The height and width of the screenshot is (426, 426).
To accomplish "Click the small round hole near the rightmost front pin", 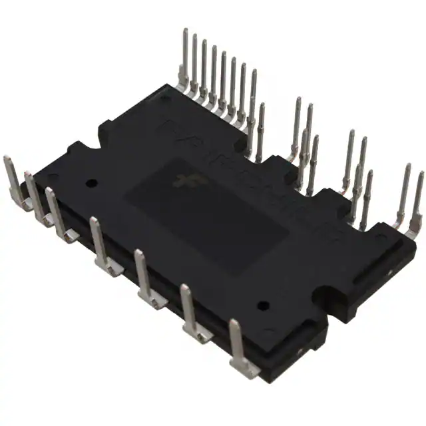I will [263, 305].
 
